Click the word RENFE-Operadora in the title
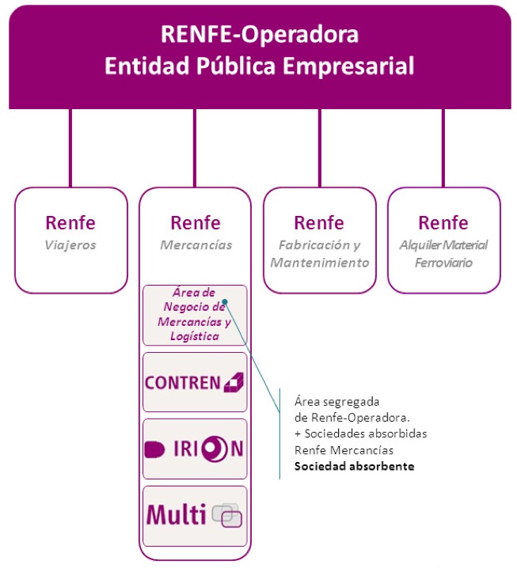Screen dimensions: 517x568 coord(260,35)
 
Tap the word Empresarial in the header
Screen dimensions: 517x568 coord(348,66)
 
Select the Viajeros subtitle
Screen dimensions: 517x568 coord(70,245)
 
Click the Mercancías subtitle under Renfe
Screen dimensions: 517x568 coord(196,245)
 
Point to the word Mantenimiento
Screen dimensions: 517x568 coord(320,263)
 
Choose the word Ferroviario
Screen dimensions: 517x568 coord(443,263)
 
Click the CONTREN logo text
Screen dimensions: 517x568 coord(182,383)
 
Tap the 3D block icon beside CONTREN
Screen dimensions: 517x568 coord(234,382)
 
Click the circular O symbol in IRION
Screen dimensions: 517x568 coord(215,449)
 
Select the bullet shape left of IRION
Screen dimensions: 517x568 coord(154,449)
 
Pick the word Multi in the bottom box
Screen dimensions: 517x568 coord(177,514)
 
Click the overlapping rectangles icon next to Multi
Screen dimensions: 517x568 coord(227,515)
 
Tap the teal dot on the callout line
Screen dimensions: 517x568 coord(225,301)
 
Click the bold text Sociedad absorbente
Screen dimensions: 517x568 coord(354,466)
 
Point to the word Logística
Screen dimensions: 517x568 coord(195,336)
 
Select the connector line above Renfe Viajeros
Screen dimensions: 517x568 coord(70,148)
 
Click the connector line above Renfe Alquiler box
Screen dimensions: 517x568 coord(443,148)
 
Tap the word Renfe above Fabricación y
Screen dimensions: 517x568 coord(319,223)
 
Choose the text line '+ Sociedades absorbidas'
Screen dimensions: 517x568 coord(361,434)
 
